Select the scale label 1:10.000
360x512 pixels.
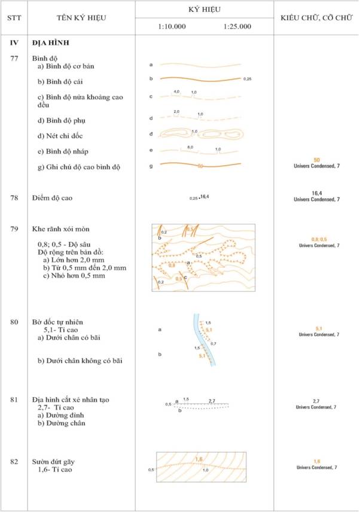pos(172,27)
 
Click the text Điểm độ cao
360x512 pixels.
pos(55,197)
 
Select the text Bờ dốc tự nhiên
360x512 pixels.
pos(62,322)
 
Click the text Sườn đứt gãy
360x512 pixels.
pos(56,462)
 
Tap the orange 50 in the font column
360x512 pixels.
pos(317,160)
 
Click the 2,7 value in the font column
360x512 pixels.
pos(317,401)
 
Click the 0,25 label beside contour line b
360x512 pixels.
pos(248,78)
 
